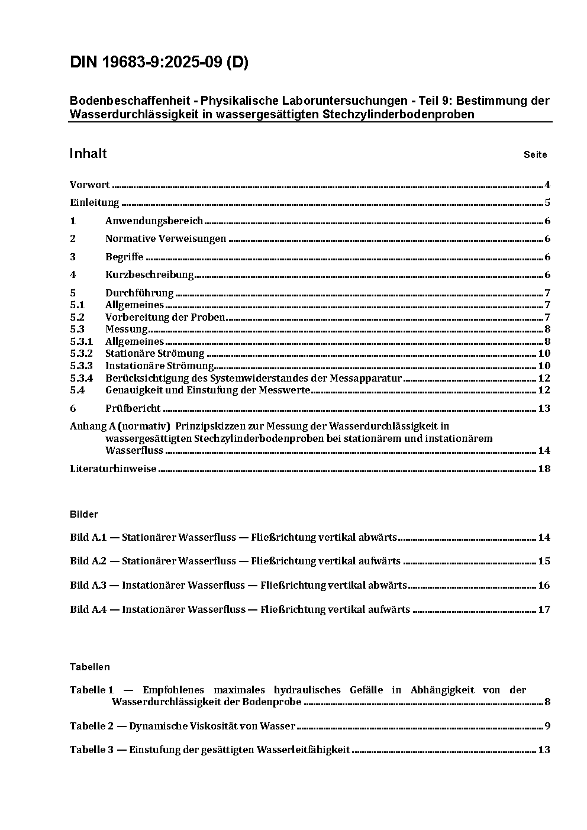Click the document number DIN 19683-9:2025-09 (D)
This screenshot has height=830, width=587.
point(159,63)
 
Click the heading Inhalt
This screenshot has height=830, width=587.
point(88,154)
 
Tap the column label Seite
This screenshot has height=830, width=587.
point(535,155)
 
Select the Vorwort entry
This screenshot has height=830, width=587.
point(89,185)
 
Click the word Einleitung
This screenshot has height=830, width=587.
point(95,203)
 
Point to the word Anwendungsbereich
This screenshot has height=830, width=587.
point(154,221)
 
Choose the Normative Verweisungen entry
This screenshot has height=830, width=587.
point(166,239)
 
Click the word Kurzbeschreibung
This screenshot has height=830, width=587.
point(150,275)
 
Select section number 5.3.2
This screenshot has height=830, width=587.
point(81,354)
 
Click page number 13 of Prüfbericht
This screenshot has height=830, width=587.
point(544,409)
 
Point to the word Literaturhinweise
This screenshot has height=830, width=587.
point(113,469)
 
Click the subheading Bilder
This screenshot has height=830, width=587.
point(84,515)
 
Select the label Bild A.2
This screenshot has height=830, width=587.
point(88,561)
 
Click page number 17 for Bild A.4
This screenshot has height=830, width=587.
point(544,610)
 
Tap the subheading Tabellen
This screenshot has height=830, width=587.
point(90,667)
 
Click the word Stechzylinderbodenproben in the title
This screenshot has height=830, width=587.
point(399,114)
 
